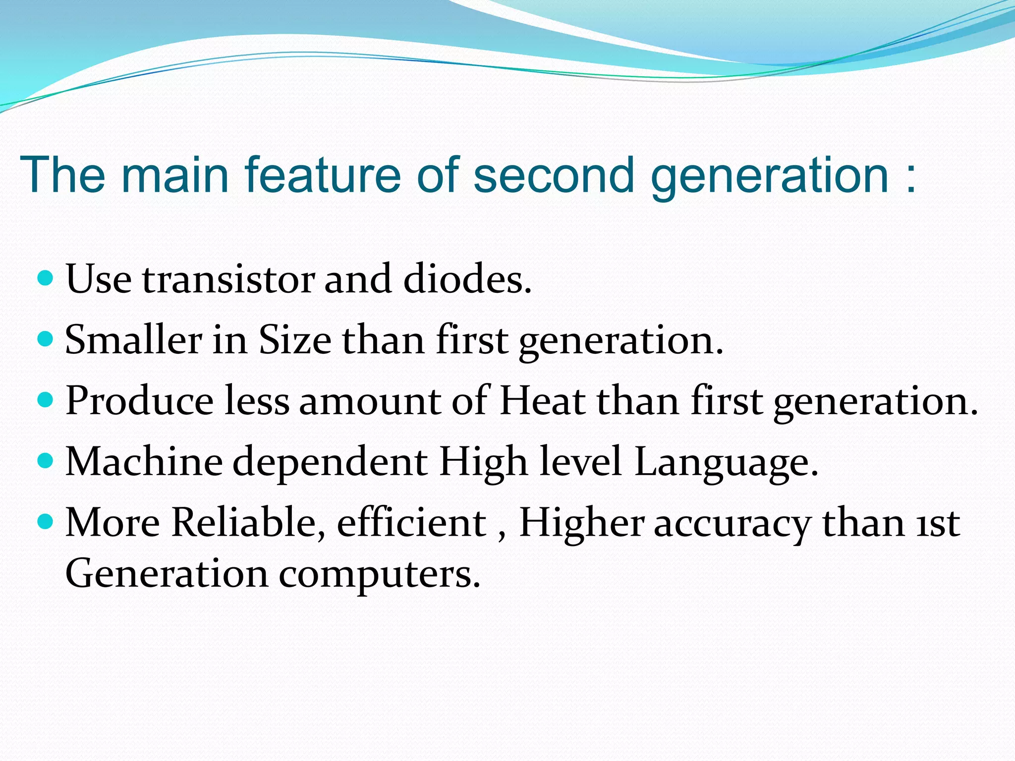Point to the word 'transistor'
pyautogui.click(x=228, y=279)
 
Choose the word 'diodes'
pyautogui.click(x=467, y=279)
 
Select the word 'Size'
pyautogui.click(x=295, y=340)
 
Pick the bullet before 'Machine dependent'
pyautogui.click(x=45, y=461)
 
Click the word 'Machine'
pyautogui.click(x=144, y=462)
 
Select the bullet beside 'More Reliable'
pyautogui.click(x=45, y=522)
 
